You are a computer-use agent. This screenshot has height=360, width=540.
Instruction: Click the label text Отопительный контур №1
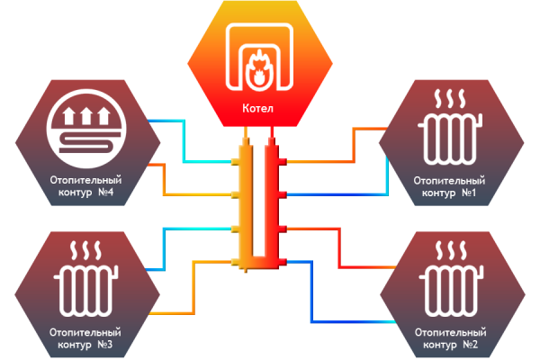point(449,186)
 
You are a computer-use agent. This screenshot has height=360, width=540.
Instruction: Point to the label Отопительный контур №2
point(449,338)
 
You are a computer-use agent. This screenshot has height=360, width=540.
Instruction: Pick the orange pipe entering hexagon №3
point(171,310)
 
